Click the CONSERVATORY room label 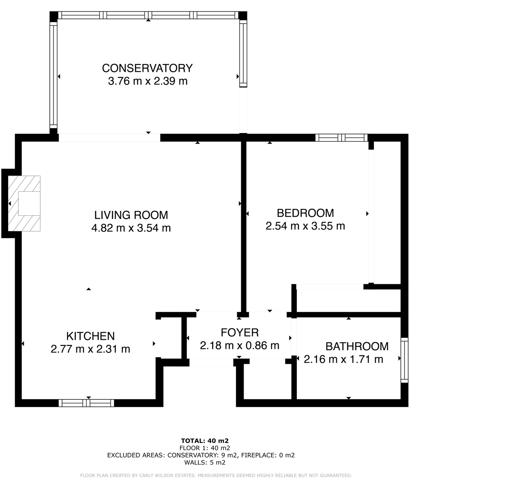[x=147, y=68]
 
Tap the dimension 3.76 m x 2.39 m [x=147, y=81]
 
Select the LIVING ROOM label [x=131, y=215]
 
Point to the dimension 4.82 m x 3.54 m [x=131, y=228]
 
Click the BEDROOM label [x=305, y=213]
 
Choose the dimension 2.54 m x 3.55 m [x=305, y=226]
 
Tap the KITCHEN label [x=90, y=336]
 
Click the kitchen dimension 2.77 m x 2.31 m [x=90, y=349]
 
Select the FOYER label [x=240, y=332]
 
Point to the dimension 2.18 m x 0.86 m [x=240, y=345]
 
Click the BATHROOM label [x=357, y=346]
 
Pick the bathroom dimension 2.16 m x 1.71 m [x=344, y=359]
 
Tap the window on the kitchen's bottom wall [x=87, y=403]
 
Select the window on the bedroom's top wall [x=341, y=138]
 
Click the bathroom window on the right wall [x=404, y=360]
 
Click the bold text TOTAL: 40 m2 [x=204, y=440]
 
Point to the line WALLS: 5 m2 [x=204, y=462]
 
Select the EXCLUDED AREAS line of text [x=200, y=455]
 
